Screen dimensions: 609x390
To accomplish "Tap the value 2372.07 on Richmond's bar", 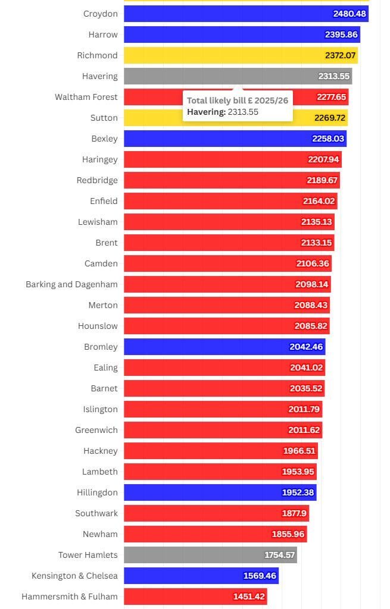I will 340,55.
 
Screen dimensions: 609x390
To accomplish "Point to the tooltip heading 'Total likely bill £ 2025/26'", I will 237,101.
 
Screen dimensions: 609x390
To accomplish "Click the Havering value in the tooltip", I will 223,112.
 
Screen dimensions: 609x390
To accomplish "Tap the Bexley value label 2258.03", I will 327,139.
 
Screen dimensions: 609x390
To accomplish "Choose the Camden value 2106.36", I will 313,263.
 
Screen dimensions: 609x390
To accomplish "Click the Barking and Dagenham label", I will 71,284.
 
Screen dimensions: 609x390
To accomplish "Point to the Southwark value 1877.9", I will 294,513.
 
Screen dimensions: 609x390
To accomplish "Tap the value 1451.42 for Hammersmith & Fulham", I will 248,597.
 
